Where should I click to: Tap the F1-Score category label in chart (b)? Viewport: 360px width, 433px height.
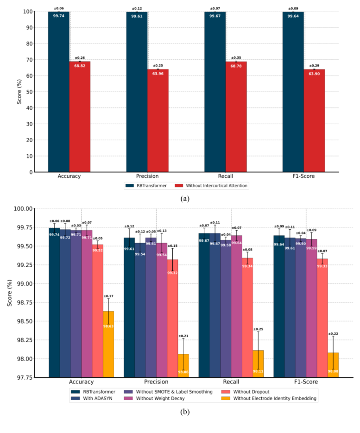tap(306, 383)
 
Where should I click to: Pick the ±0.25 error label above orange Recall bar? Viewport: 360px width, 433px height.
tap(258, 329)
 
